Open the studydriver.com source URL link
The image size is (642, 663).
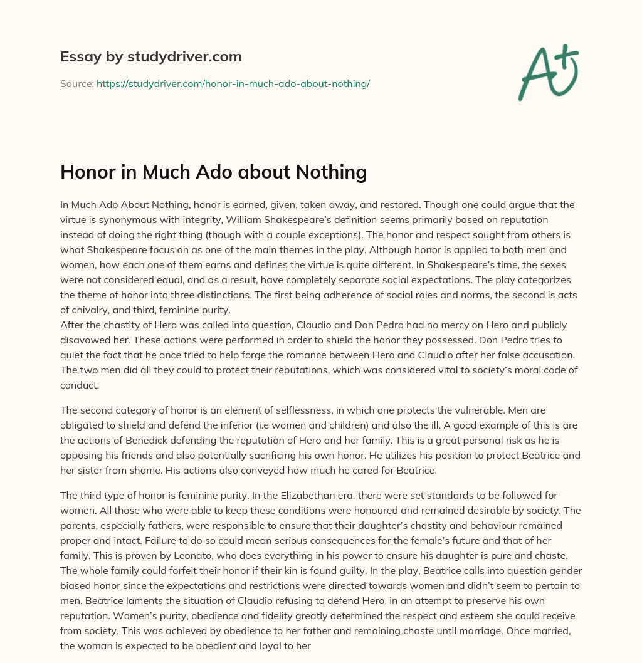click(x=233, y=83)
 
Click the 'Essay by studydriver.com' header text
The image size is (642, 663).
click(x=150, y=57)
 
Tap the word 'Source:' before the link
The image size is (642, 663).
click(x=76, y=83)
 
